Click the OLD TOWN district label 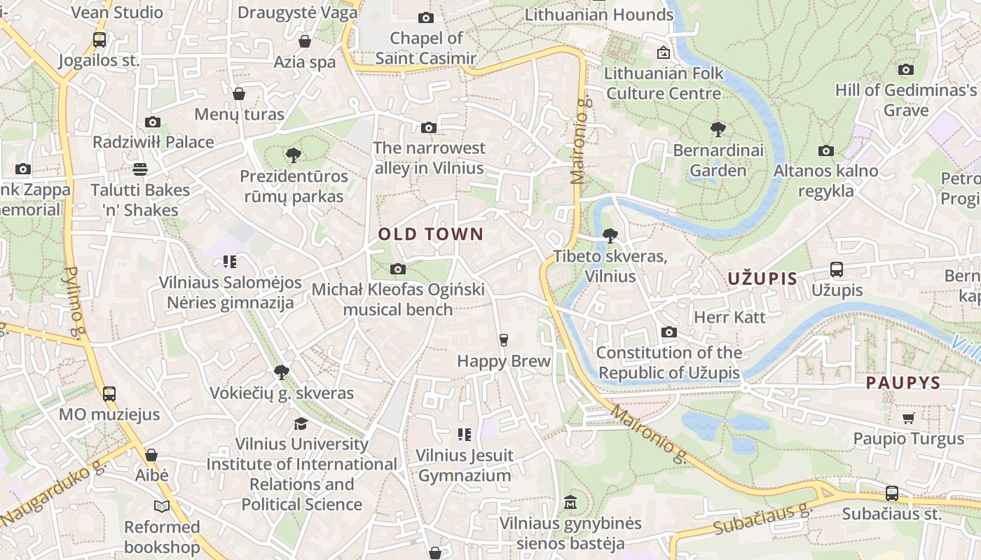[430, 234]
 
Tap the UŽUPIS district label [762, 279]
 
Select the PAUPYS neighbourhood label [903, 383]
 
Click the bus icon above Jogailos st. [99, 40]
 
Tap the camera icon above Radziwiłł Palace [152, 122]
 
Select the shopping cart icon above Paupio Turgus [909, 419]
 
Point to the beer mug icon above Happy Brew [503, 340]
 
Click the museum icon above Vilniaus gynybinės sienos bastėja [570, 503]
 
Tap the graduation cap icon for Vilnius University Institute [301, 423]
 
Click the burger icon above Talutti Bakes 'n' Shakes [140, 169]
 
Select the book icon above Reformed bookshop [162, 506]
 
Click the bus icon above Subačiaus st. [891, 493]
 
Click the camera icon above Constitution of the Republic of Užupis [668, 332]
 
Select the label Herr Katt [729, 317]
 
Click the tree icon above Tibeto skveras [610, 236]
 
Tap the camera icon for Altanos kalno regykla [825, 150]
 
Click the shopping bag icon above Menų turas [239, 94]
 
